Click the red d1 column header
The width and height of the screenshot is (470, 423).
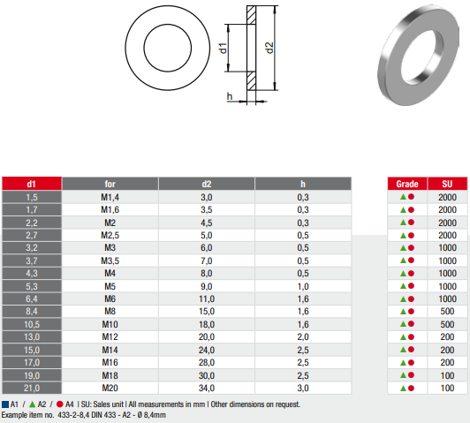point(32,184)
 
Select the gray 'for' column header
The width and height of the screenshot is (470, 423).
point(110,184)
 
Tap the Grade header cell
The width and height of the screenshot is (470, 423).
point(407,184)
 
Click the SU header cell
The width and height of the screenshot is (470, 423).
point(447,184)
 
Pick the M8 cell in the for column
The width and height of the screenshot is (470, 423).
point(110,311)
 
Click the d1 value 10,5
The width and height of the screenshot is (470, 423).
point(32,324)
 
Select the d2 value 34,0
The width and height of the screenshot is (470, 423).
point(207,388)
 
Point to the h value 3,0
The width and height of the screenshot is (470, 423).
point(303,388)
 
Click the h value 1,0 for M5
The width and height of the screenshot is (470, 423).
point(303,286)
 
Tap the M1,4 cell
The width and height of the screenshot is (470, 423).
point(110,197)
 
